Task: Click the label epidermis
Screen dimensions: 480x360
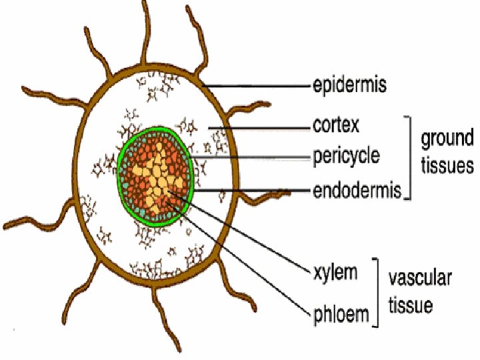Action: pyautogui.click(x=350, y=85)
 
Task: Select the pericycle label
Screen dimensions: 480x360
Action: pyautogui.click(x=346, y=157)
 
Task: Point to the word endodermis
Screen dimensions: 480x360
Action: pyautogui.click(x=357, y=191)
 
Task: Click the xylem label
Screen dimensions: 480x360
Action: pyautogui.click(x=335, y=273)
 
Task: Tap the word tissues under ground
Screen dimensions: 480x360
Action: pyautogui.click(x=447, y=165)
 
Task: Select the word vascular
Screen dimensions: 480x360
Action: pyautogui.click(x=420, y=278)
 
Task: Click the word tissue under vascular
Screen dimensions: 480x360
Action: pyautogui.click(x=411, y=305)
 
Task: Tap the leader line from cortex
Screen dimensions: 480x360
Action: pyautogui.click(x=260, y=126)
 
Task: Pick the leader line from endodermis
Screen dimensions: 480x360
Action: pyautogui.click(x=253, y=191)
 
